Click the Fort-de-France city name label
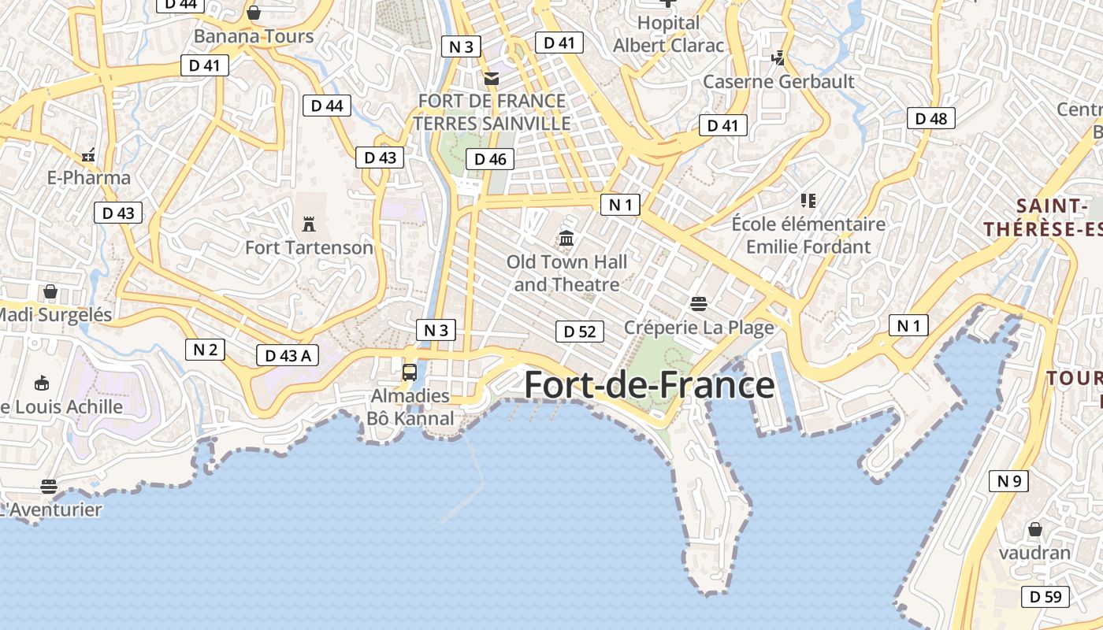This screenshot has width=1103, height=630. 649,385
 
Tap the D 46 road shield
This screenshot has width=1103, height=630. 490,159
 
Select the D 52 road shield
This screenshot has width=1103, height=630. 580,332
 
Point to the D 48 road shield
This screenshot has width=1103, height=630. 931,119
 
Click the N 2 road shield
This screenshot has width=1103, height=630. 205,350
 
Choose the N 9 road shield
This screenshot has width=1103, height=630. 1008,480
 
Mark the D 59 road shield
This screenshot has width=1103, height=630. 1045,597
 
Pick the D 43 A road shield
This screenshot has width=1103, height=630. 288,355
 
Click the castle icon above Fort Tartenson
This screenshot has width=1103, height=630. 309,225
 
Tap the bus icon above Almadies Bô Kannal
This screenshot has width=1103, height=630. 410,372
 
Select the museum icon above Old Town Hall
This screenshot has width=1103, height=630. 566,238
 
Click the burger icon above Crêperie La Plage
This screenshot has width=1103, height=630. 698,303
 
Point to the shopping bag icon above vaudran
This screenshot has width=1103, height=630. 1034,529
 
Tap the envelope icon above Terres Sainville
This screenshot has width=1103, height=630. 492,78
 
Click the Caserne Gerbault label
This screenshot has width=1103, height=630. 778,81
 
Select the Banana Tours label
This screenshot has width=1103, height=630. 254,36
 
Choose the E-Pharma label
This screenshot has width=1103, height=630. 89,177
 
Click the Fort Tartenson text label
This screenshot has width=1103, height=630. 309,247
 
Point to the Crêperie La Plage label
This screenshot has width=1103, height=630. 699,327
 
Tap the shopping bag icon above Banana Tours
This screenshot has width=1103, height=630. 254,13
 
